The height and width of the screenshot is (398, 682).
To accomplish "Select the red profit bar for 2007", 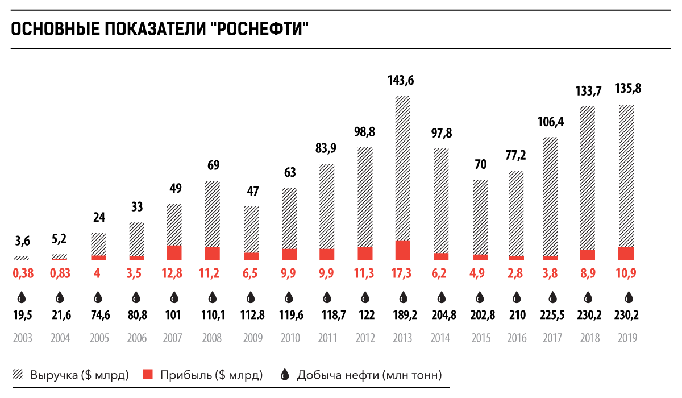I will (x=174, y=253).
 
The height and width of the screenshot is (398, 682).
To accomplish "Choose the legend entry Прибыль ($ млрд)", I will (x=203, y=375).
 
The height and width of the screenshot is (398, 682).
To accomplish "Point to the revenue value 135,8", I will (x=629, y=89).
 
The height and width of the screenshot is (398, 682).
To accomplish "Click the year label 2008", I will (x=213, y=338).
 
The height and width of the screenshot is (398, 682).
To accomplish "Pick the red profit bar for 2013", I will (x=403, y=250).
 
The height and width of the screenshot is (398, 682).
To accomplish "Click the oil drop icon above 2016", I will (x=517, y=297).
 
